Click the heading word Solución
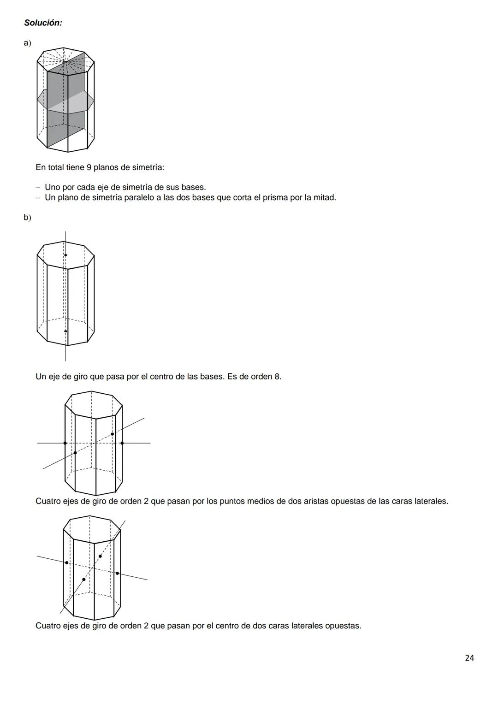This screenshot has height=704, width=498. pyautogui.click(x=43, y=23)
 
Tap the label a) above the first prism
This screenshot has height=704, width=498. pyautogui.click(x=28, y=43)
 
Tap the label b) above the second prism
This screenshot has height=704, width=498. pyautogui.click(x=28, y=217)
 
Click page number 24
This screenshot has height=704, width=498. pyautogui.click(x=469, y=658)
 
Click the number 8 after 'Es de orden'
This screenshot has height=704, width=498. pyautogui.click(x=277, y=377)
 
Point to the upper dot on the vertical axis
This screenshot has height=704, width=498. pyautogui.click(x=65, y=255)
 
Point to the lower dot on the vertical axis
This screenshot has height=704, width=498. pyautogui.click(x=65, y=331)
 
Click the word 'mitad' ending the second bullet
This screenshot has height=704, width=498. pyautogui.click(x=325, y=198)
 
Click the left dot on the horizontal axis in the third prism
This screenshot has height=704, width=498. pyautogui.click(x=65, y=443)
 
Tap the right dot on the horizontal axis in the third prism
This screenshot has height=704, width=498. pyautogui.click(x=122, y=443)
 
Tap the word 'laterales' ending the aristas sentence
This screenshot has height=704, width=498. pyautogui.click(x=431, y=501)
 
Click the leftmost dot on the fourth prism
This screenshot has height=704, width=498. pyautogui.click(x=67, y=562)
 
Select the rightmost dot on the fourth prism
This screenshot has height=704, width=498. pyautogui.click(x=117, y=573)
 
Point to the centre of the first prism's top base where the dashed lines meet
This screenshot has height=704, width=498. pyautogui.click(x=65, y=61)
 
